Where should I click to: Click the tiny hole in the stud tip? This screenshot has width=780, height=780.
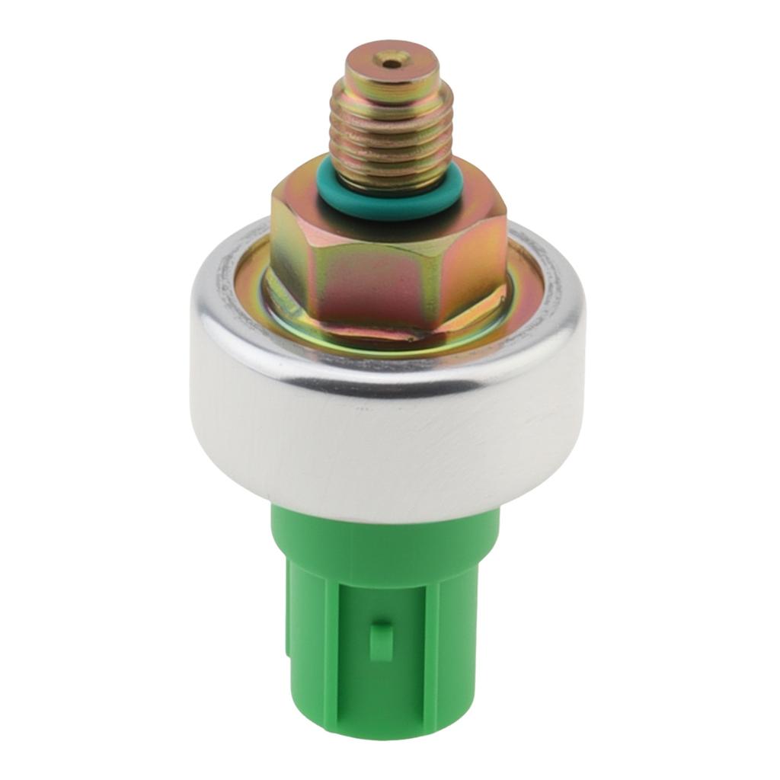(x=392, y=63)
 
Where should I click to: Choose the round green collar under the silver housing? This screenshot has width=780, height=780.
(x=385, y=537)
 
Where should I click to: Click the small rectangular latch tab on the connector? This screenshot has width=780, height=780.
(x=381, y=640)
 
